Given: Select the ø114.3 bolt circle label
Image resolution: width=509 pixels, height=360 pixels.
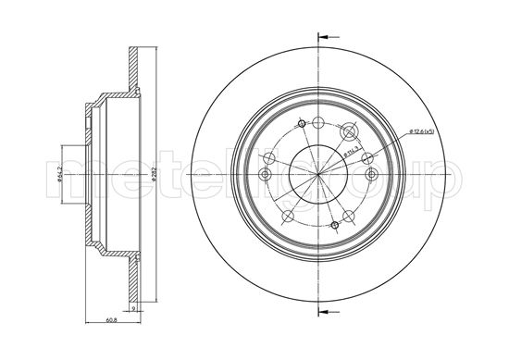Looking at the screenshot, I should [x=351, y=151].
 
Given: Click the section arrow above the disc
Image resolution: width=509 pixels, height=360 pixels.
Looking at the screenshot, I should [x=324, y=37].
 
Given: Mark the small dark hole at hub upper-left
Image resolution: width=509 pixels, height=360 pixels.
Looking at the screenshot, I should [x=302, y=124].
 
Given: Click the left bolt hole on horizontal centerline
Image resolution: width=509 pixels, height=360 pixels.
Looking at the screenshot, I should [x=265, y=174].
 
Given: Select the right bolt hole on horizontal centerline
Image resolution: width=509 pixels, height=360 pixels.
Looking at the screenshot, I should [x=371, y=173].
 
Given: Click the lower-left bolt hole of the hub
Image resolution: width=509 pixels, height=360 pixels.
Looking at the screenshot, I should [x=288, y=217].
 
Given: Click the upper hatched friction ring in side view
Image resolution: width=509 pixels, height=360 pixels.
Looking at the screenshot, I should [x=136, y=74].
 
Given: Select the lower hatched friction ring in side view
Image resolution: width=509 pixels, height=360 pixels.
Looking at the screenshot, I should [x=136, y=278].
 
